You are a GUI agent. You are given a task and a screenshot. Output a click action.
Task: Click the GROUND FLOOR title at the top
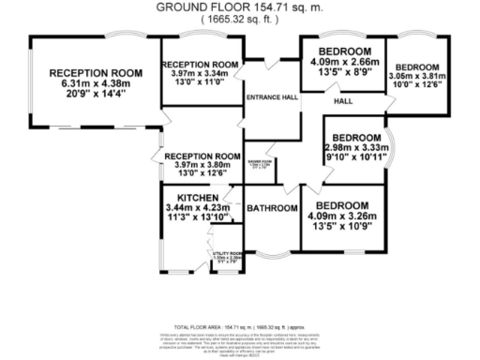[x=240, y=7]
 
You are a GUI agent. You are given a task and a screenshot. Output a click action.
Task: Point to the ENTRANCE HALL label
[x=270, y=97]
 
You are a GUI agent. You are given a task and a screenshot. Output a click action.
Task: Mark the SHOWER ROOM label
[x=261, y=163]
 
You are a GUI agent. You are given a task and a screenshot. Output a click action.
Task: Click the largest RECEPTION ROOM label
[x=95, y=73]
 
